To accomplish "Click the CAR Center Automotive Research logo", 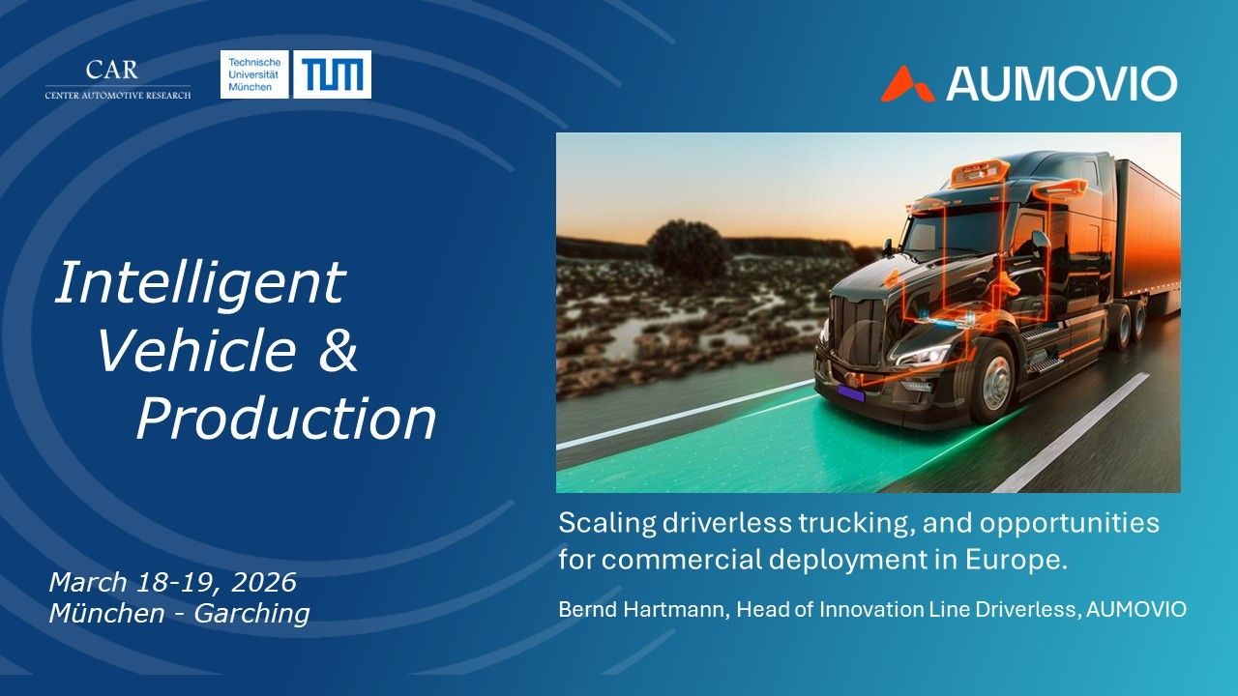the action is tap(118, 79).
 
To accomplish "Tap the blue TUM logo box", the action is tap(332, 74).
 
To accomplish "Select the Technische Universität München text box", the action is tap(254, 74).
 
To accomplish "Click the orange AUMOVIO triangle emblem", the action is tap(907, 84).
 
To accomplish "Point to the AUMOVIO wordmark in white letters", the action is tap(1062, 84).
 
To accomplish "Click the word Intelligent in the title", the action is tap(200, 284).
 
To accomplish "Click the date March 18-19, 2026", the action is tap(173, 582).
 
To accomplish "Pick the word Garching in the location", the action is tap(251, 614).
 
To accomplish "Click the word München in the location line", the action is tap(106, 613).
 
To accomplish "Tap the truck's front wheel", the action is tap(993, 382).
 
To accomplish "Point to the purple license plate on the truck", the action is tap(850, 393).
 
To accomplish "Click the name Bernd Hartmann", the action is tap(641, 610).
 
